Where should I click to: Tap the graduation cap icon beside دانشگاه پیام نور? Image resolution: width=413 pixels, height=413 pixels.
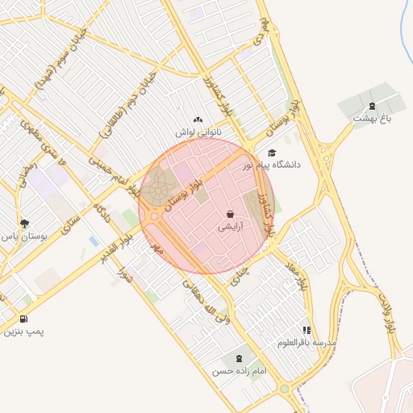click(x=272, y=152)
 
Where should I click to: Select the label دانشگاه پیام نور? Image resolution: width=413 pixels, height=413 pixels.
click(x=270, y=165)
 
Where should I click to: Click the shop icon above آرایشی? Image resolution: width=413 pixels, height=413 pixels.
click(x=231, y=215)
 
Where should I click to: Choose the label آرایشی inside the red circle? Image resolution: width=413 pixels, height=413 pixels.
click(x=231, y=227)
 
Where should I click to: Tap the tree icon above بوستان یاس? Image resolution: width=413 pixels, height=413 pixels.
click(x=24, y=223)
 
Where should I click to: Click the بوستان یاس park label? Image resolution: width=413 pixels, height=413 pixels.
click(x=24, y=236)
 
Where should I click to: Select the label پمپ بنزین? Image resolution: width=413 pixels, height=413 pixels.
click(x=22, y=332)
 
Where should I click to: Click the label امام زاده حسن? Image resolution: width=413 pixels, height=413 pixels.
click(x=239, y=371)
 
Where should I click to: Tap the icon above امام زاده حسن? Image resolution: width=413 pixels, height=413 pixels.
click(x=240, y=357)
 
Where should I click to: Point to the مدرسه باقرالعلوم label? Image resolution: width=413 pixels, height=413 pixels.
click(x=307, y=343)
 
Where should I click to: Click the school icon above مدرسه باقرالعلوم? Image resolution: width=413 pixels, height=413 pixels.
click(x=307, y=330)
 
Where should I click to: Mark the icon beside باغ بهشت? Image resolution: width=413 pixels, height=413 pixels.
click(x=372, y=106)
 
